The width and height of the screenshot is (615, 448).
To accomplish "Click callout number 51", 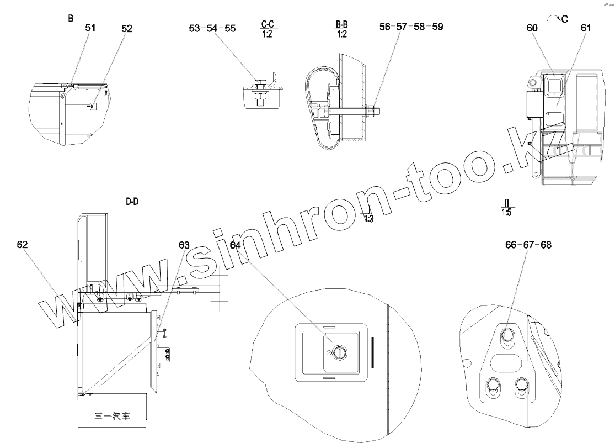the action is pos(90,28).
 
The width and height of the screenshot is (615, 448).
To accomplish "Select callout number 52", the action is pos(127,29).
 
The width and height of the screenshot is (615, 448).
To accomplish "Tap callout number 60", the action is pos(532,28).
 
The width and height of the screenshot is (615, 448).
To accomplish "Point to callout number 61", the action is pos(586,28).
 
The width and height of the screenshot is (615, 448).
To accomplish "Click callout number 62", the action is pos(23,244).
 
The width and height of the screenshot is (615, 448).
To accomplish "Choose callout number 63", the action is pos(184,245).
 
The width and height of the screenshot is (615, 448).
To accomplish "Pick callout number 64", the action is pos(236,245).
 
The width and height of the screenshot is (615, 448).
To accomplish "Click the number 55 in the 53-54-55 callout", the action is pos(230,28).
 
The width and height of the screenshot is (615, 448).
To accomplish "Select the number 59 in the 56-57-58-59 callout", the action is pos(437,27).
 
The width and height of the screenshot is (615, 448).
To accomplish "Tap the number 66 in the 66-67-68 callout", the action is pos(511,245).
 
